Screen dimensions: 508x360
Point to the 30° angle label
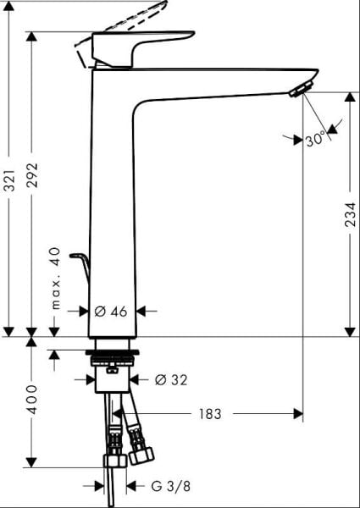pyautogui.click(x=316, y=138)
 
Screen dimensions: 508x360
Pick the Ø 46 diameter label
pyautogui.click(x=111, y=311)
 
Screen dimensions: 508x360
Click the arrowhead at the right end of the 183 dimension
pyautogui.click(x=298, y=414)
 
